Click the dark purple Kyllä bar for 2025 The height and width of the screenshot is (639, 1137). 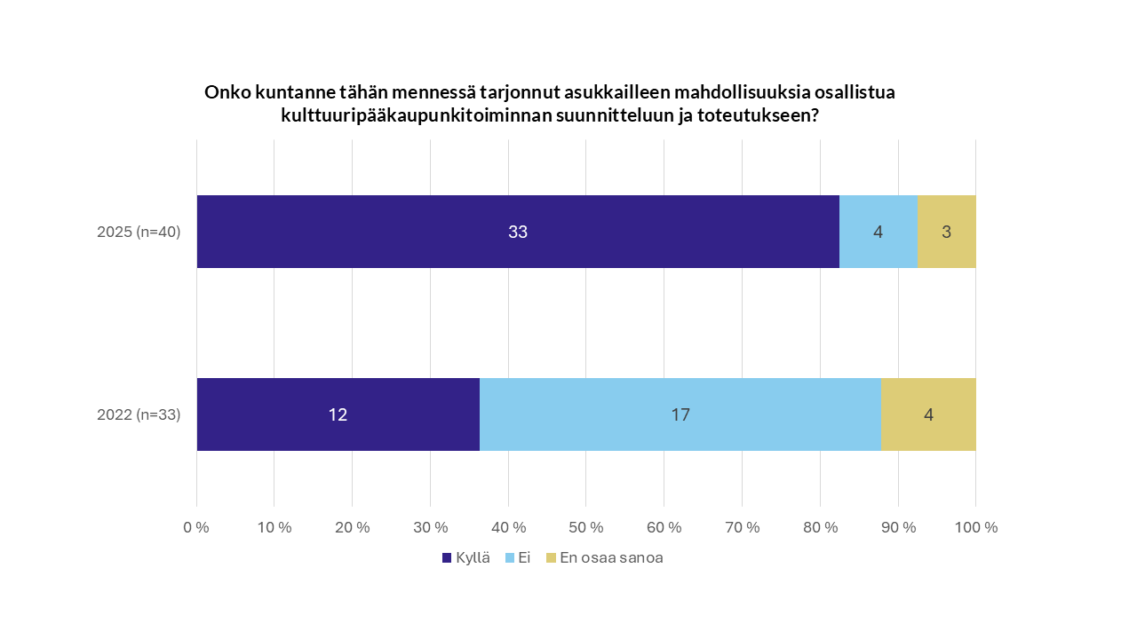400,232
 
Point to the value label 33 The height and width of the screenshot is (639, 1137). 518,233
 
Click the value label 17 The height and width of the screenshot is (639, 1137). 680,414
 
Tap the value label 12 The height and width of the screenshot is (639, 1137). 338,414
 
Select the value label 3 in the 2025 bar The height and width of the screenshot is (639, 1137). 947,233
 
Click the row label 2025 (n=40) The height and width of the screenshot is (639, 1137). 139,233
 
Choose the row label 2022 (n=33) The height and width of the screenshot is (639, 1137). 139,414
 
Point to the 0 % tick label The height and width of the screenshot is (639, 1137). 196,527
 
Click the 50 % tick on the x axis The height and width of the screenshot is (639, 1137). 586,527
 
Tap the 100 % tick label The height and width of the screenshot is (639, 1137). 975,527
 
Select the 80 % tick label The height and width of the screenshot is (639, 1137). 820,527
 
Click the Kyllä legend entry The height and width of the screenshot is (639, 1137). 466,558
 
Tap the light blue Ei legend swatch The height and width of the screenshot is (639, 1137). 510,558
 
